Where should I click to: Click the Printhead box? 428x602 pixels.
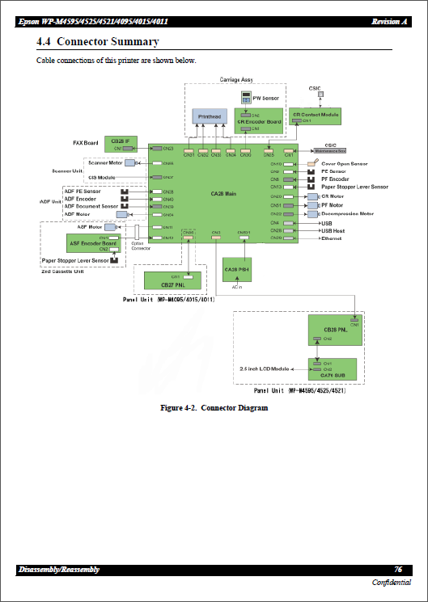210,118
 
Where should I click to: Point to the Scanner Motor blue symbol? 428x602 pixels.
129,163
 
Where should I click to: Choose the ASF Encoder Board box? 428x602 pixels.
94,244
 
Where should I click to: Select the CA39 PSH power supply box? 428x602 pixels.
237,269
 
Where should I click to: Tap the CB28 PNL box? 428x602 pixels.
333,330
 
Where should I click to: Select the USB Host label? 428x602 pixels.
333,230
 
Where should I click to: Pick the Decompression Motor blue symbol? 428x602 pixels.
312,214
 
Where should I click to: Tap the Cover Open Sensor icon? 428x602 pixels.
312,164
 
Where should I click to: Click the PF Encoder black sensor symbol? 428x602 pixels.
311,179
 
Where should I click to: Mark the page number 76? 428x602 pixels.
398,570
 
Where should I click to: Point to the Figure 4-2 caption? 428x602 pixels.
214,407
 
